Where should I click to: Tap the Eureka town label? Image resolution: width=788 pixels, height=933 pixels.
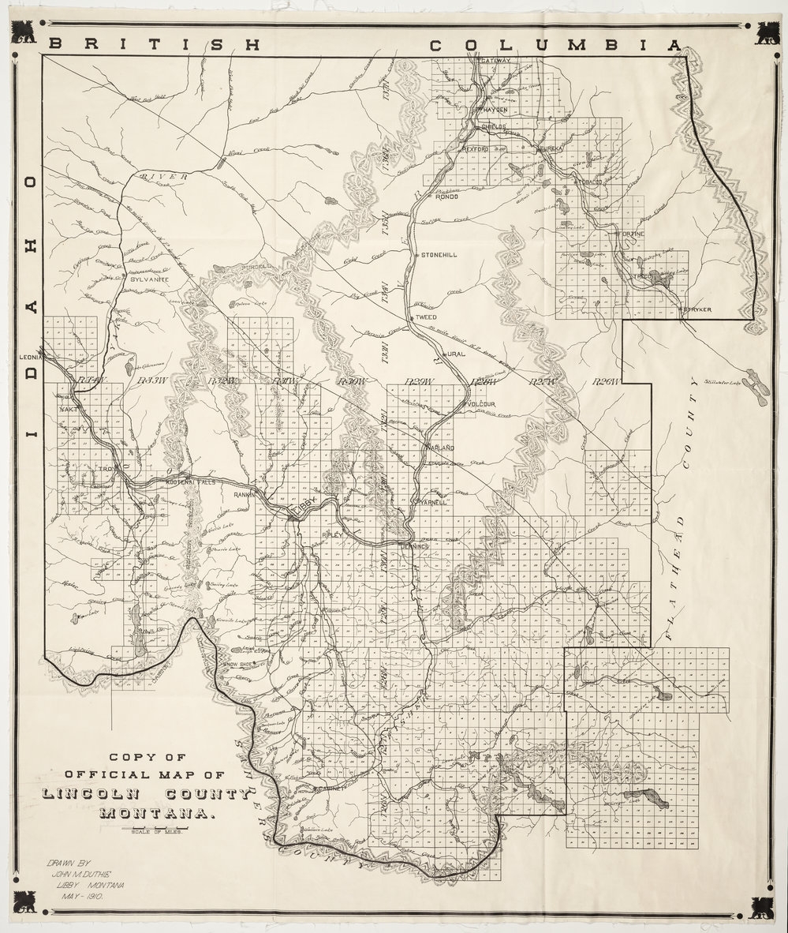549,148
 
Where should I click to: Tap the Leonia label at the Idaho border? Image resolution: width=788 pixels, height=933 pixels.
30,357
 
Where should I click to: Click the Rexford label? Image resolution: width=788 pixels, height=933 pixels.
476,148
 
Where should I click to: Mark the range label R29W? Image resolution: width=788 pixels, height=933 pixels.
418,382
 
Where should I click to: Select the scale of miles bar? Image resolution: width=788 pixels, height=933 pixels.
153,830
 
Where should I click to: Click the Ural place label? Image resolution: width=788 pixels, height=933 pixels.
457,354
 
